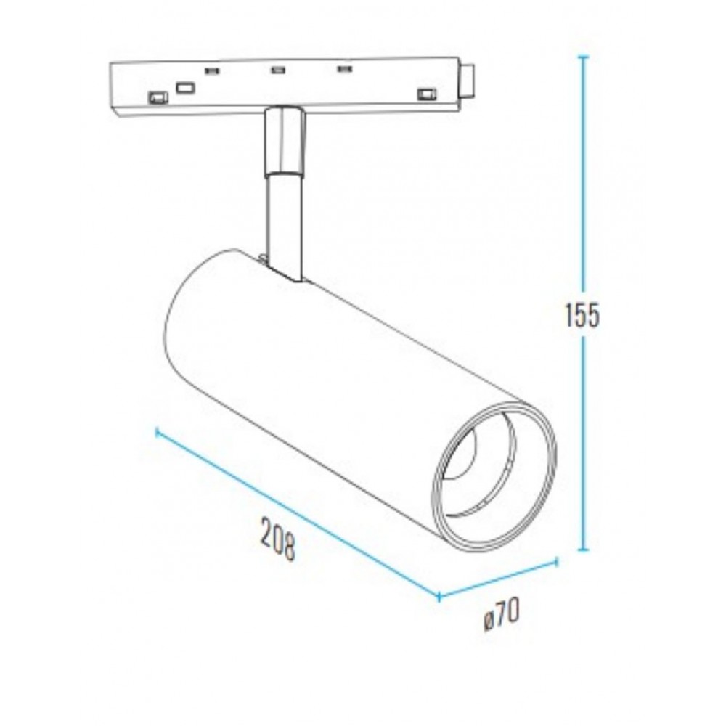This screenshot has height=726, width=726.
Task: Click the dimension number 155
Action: (x=582, y=316)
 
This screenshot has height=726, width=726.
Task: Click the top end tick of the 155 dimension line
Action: (x=582, y=56)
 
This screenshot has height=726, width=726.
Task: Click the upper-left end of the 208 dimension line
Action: (x=158, y=432)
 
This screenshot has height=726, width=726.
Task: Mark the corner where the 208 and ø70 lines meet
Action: (x=439, y=597)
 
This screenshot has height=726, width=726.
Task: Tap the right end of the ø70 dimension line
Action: (x=556, y=560)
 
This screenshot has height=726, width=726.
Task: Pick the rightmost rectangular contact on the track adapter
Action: (x=425, y=93)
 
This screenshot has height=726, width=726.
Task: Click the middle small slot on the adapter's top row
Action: (x=277, y=70)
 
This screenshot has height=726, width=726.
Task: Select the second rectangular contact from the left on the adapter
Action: (x=185, y=88)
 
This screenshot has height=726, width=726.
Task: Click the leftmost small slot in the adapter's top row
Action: (x=212, y=70)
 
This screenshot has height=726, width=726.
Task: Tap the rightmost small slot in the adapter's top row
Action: (x=343, y=70)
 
